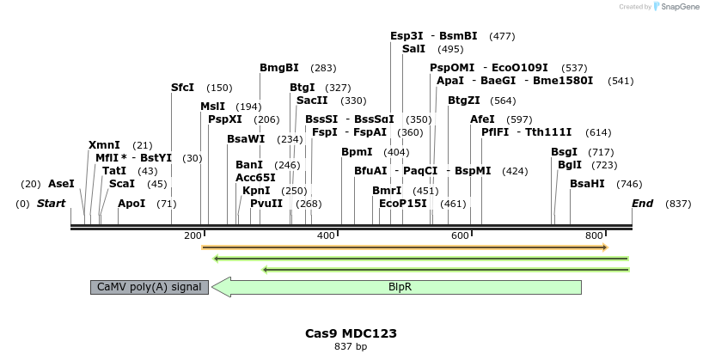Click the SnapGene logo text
680,7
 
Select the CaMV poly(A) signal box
150,287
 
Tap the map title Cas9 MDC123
351,333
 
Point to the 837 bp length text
351,347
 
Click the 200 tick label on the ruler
193,235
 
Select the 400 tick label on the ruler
326,235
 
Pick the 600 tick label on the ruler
460,235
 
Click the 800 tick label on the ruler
594,235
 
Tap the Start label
52,204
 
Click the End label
642,204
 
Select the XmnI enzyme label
104,145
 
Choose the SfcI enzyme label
182,88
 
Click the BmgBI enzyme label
279,68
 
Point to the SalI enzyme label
413,49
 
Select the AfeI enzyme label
482,119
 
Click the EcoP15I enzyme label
403,204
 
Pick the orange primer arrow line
404,247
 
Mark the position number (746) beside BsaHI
630,184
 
